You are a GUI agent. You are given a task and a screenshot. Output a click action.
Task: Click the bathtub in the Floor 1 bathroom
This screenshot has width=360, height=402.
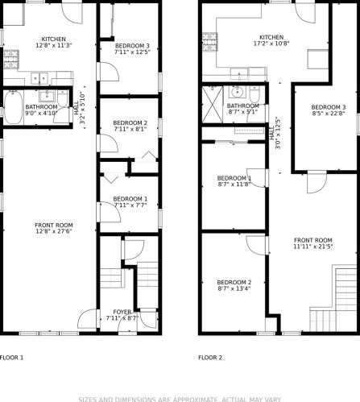pyautogui.click(x=13, y=108)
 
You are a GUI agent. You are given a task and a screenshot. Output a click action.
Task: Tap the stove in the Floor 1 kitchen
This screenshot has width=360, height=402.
pyautogui.click(x=11, y=60)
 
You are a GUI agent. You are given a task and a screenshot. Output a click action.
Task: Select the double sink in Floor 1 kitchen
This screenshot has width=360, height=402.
pyautogui.click(x=39, y=78)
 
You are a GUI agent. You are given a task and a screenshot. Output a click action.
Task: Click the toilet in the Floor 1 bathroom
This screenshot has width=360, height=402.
pyautogui.click(x=63, y=98)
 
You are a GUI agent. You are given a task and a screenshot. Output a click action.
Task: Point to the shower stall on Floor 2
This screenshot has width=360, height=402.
pyautogui.click(x=213, y=104)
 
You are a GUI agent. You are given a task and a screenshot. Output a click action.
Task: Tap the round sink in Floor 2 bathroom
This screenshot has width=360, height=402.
pyautogui.click(x=237, y=92)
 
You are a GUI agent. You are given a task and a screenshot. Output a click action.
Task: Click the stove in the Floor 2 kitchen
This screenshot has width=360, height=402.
pyautogui.click(x=209, y=42)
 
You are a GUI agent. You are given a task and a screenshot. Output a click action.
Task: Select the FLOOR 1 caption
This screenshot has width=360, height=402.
pyautogui.click(x=11, y=358)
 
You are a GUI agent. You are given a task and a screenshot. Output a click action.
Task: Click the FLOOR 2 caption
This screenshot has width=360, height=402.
pyautogui.click(x=210, y=358)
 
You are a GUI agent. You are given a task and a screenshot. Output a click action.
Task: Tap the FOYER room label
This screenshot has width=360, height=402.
pyautogui.click(x=122, y=312)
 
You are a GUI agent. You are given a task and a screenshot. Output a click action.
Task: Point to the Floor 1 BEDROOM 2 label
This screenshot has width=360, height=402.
pyautogui.click(x=130, y=123)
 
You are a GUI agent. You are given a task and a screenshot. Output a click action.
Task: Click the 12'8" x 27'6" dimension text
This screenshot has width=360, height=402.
pyautogui.click(x=54, y=231)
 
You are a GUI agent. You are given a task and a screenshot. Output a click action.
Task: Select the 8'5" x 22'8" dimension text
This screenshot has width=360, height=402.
pyautogui.click(x=329, y=114)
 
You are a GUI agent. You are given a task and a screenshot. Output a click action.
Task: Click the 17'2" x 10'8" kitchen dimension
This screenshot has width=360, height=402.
pyautogui.click(x=271, y=44)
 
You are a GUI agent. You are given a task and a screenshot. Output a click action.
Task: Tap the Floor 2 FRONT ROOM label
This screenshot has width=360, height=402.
pyautogui.click(x=313, y=240)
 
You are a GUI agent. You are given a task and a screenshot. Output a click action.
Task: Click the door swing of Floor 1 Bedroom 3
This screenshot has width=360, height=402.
pyautogui.click(x=109, y=71)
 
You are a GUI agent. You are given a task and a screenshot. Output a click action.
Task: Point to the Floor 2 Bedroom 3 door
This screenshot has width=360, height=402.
pyautogui.click(x=317, y=182)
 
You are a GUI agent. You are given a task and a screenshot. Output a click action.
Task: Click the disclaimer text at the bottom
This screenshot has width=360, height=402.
pyautogui.click(x=180, y=400)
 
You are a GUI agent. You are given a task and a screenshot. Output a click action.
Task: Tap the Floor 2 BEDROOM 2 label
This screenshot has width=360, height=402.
pyautogui.click(x=234, y=283)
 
